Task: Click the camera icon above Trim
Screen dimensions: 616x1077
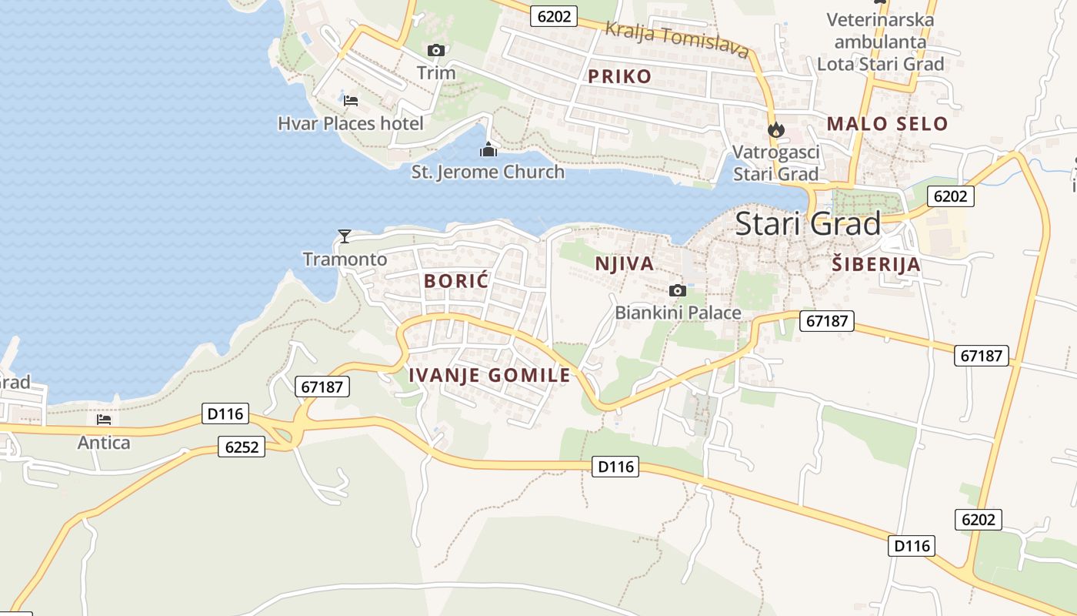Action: pos(436,51)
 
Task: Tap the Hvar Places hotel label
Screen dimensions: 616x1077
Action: pos(351,123)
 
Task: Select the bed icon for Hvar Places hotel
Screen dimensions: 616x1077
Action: pos(351,100)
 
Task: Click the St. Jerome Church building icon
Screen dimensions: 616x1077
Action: pos(488,149)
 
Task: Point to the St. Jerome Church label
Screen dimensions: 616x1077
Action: pos(488,172)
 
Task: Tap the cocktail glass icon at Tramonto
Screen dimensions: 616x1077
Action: pos(345,236)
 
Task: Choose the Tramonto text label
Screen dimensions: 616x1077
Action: pos(345,259)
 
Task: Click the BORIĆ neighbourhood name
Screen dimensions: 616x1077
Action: pos(456,281)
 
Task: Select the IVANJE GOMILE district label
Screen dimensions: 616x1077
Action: pos(489,375)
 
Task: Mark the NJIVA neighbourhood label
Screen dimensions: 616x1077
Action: pos(625,264)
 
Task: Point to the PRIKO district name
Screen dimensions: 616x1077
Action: pos(619,76)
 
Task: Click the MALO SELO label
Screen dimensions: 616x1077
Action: pos(887,123)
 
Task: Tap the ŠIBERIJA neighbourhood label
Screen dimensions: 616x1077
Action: pos(876,265)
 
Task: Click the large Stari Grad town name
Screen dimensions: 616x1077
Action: pos(808,224)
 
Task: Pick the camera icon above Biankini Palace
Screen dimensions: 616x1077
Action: pos(678,290)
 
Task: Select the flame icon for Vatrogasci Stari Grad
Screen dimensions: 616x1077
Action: pos(775,130)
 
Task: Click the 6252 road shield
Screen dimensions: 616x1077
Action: pos(241,447)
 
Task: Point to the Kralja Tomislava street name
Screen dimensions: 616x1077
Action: pos(677,39)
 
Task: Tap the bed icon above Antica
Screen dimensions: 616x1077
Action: pos(104,420)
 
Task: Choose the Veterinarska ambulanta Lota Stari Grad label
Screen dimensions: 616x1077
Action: pos(880,42)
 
